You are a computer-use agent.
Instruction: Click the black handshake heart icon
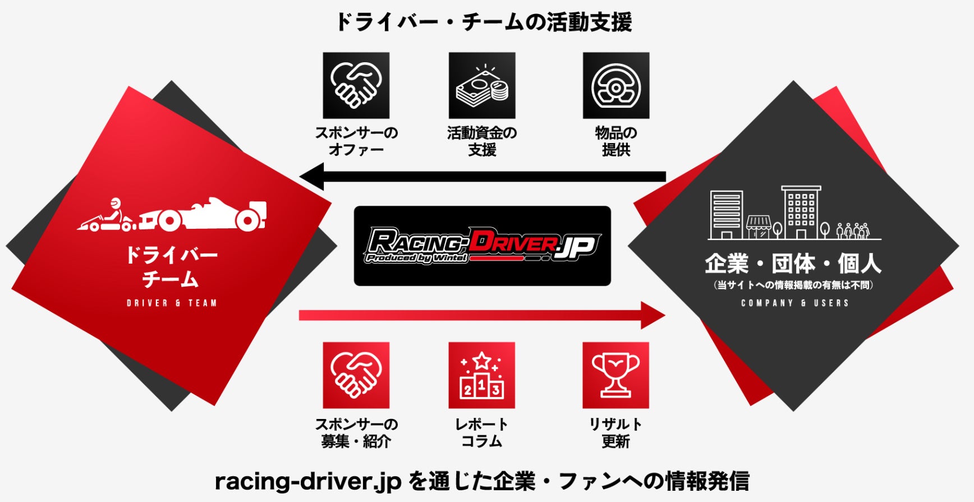point(356,85)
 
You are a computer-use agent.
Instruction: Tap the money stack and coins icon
point(482,85)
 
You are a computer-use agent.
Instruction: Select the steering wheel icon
point(615,85)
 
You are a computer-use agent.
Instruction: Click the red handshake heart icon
point(356,375)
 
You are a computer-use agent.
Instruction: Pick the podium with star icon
point(481,375)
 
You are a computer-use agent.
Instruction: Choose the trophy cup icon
point(615,375)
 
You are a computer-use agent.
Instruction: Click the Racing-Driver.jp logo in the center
point(482,246)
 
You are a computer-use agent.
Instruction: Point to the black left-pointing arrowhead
point(313,177)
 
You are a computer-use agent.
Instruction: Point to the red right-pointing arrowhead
point(652,315)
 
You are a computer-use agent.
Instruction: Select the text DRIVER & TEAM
point(171,303)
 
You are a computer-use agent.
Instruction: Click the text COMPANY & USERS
point(794,303)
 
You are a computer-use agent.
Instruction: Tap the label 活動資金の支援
point(482,141)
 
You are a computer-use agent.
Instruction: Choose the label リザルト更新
point(615,432)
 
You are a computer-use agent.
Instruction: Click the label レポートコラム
point(481,432)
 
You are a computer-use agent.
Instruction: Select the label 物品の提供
point(615,141)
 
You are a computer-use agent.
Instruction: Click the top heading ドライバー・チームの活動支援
point(483,22)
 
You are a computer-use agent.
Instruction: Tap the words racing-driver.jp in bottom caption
point(308,481)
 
